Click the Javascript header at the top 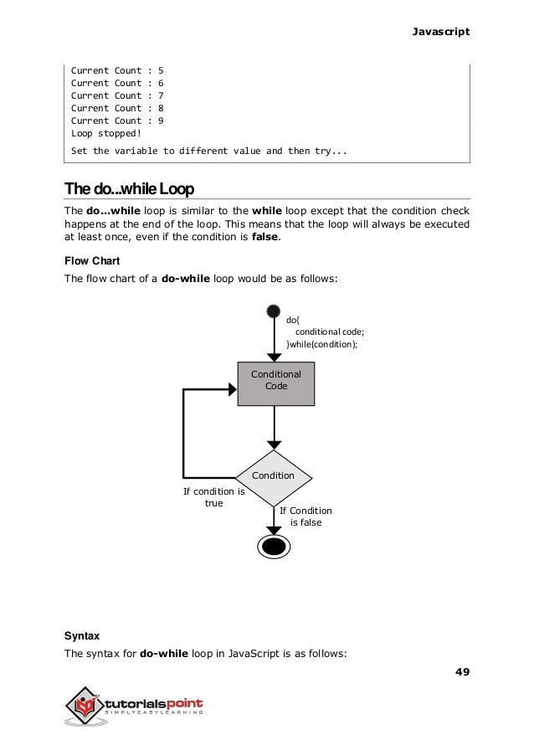click(x=441, y=31)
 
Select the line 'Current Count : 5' click(x=117, y=70)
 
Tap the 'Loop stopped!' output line click(x=106, y=133)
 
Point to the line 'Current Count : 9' click(x=117, y=121)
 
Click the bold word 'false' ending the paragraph click(x=266, y=238)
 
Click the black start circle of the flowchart click(x=273, y=312)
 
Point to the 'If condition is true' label click(x=213, y=497)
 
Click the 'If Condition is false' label click(x=305, y=516)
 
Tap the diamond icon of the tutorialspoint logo click(x=85, y=709)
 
